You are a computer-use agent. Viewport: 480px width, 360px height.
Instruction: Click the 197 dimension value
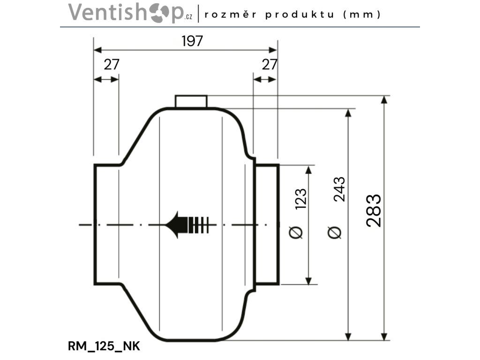tap(192, 41)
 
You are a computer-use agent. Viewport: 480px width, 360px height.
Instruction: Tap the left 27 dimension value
tap(112, 65)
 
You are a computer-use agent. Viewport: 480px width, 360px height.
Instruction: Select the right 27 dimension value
tap(270, 65)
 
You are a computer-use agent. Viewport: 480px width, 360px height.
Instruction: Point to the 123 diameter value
tap(300, 198)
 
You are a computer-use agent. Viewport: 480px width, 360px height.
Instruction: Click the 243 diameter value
tap(339, 189)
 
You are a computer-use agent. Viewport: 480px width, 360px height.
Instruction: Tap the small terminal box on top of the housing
tap(191, 101)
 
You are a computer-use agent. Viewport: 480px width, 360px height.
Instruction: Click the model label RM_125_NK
tap(104, 346)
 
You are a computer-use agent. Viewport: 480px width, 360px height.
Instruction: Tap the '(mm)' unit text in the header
tap(362, 15)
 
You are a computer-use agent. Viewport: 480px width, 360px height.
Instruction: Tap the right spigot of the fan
tap(267, 224)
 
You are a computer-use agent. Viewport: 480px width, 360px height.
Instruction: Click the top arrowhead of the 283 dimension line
tap(384, 99)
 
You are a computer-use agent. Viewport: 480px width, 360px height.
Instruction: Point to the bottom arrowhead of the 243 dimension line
tap(348, 337)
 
